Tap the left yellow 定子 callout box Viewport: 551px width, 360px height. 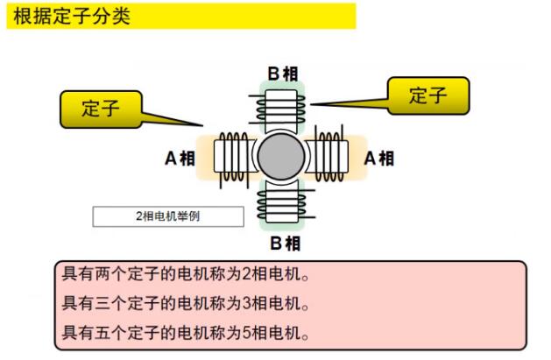[101, 109]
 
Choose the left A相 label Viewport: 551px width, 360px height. [180, 158]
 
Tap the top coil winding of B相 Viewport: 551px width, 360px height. [280, 110]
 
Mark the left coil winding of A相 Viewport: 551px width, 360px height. [233, 156]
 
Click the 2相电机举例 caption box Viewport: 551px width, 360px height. [167, 215]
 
